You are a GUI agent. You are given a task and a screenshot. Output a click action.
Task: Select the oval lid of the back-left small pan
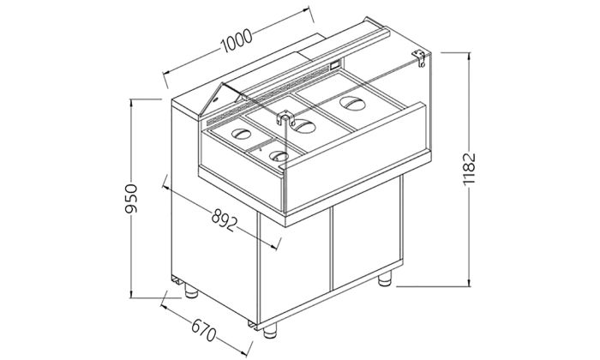243,135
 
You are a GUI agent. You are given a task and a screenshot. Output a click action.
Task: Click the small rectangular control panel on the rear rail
333,66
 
